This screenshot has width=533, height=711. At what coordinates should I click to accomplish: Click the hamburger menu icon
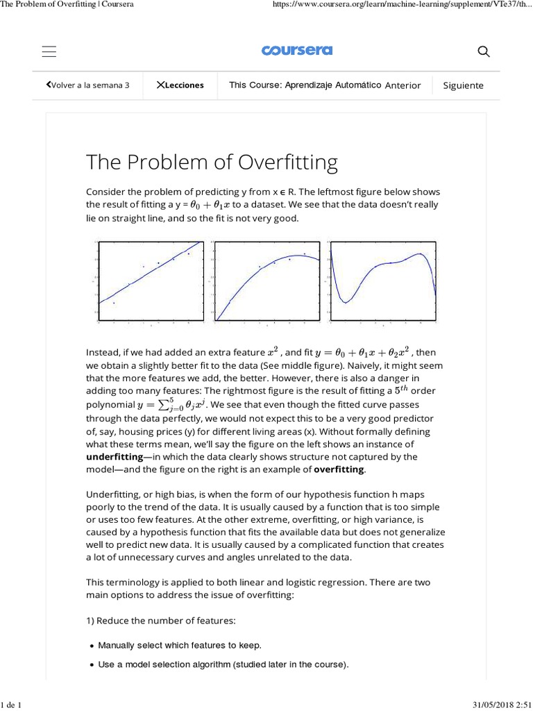tap(49, 51)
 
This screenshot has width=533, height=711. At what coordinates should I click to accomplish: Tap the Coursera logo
tap(297, 51)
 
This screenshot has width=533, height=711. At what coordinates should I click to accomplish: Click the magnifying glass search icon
tap(484, 51)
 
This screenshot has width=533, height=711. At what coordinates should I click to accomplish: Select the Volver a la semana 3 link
tap(88, 85)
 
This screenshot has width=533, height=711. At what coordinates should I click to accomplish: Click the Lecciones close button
tap(180, 85)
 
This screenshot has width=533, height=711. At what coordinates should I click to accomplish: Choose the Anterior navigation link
tap(403, 85)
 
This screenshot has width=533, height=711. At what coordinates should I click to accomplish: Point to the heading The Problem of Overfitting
tap(212, 162)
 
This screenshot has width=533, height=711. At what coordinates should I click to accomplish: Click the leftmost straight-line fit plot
tap(151, 281)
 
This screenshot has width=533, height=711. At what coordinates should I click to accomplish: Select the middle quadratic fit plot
tap(267, 281)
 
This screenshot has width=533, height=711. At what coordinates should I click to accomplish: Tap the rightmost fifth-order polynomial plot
tap(382, 281)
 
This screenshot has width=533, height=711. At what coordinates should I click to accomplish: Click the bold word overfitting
tap(339, 469)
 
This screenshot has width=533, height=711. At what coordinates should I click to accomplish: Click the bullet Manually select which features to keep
tap(180, 645)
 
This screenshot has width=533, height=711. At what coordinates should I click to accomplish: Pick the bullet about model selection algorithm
tap(222, 664)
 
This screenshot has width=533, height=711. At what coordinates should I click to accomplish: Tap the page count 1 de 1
tap(12, 705)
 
